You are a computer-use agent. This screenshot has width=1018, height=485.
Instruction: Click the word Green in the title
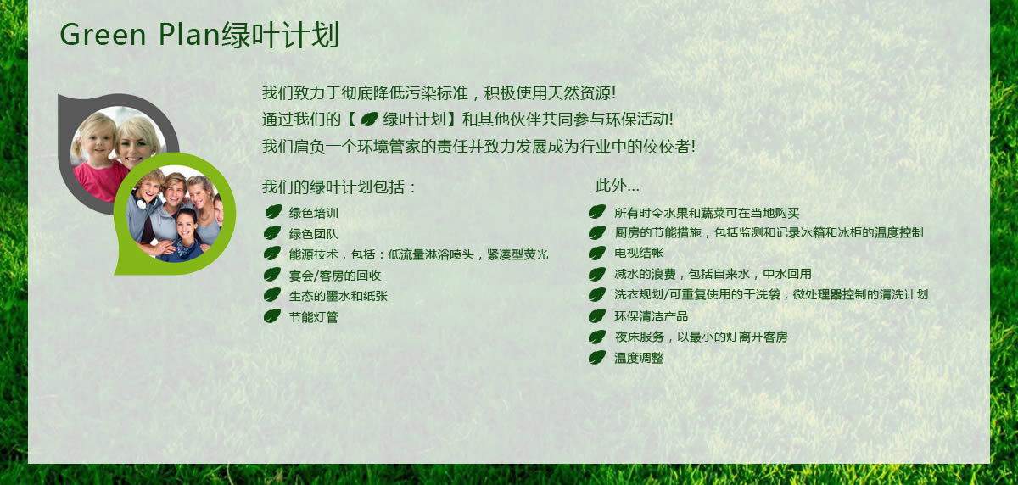point(103,35)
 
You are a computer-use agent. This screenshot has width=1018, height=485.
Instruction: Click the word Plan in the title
point(189,34)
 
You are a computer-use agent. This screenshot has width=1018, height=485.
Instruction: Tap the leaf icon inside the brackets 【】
point(369,120)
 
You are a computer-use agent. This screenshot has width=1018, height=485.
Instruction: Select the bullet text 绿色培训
point(314,213)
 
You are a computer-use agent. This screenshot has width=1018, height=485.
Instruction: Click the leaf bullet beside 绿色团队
point(272,233)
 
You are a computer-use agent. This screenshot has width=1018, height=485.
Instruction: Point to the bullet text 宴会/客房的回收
point(334,276)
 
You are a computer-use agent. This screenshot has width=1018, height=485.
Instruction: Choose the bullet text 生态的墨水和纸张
point(338,296)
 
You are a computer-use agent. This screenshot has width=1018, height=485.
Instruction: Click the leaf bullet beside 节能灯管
point(272,316)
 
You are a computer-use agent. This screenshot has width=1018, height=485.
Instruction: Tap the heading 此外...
point(618,186)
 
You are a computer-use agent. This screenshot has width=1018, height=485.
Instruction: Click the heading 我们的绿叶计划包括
point(338,187)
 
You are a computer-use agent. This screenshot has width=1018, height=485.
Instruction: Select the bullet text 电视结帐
point(639,253)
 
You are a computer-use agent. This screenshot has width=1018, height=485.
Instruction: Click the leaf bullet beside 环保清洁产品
point(597,315)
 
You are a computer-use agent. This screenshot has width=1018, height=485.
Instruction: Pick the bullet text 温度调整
point(639,358)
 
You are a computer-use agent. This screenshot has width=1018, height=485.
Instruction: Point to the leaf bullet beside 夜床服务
point(597,337)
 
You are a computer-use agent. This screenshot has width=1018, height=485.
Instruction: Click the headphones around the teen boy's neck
point(144,201)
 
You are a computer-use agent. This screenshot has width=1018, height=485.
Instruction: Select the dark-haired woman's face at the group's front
point(186,226)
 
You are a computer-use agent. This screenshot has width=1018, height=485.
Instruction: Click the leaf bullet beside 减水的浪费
point(597,274)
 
